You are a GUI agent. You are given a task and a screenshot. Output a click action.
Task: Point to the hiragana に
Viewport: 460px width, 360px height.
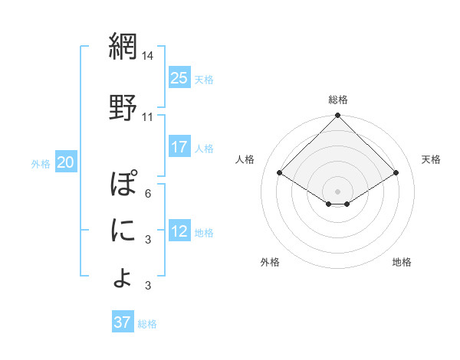(x=123, y=231)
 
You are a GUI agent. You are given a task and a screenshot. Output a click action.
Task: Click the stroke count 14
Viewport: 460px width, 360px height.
(x=148, y=57)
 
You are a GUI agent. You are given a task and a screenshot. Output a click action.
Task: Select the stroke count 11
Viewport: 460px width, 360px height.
(x=148, y=117)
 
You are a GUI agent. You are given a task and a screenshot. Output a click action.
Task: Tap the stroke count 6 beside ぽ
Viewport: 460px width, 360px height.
(x=147, y=193)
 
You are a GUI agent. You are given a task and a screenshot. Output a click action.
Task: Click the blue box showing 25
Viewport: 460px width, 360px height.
(x=179, y=78)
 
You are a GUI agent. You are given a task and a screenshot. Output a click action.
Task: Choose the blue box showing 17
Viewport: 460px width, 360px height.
(x=179, y=147)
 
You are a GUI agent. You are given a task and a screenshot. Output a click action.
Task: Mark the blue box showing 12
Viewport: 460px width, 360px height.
(x=179, y=231)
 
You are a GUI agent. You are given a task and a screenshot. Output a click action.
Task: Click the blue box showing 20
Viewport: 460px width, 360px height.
(x=66, y=162)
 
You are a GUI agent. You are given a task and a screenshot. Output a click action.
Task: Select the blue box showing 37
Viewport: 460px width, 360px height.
(x=123, y=322)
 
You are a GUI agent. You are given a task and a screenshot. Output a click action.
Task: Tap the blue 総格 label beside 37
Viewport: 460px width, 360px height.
(x=148, y=324)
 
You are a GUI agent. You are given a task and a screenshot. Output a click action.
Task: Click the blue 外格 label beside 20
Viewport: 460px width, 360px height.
(x=41, y=163)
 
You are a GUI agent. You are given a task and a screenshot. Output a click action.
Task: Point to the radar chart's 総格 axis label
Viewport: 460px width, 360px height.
(x=338, y=100)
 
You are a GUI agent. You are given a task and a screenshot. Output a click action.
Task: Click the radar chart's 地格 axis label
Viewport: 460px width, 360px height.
(x=402, y=262)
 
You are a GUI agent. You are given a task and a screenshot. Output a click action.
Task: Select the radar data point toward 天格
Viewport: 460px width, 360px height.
(x=396, y=173)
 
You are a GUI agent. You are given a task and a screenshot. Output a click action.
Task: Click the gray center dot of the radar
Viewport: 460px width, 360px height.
(x=337, y=190)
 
